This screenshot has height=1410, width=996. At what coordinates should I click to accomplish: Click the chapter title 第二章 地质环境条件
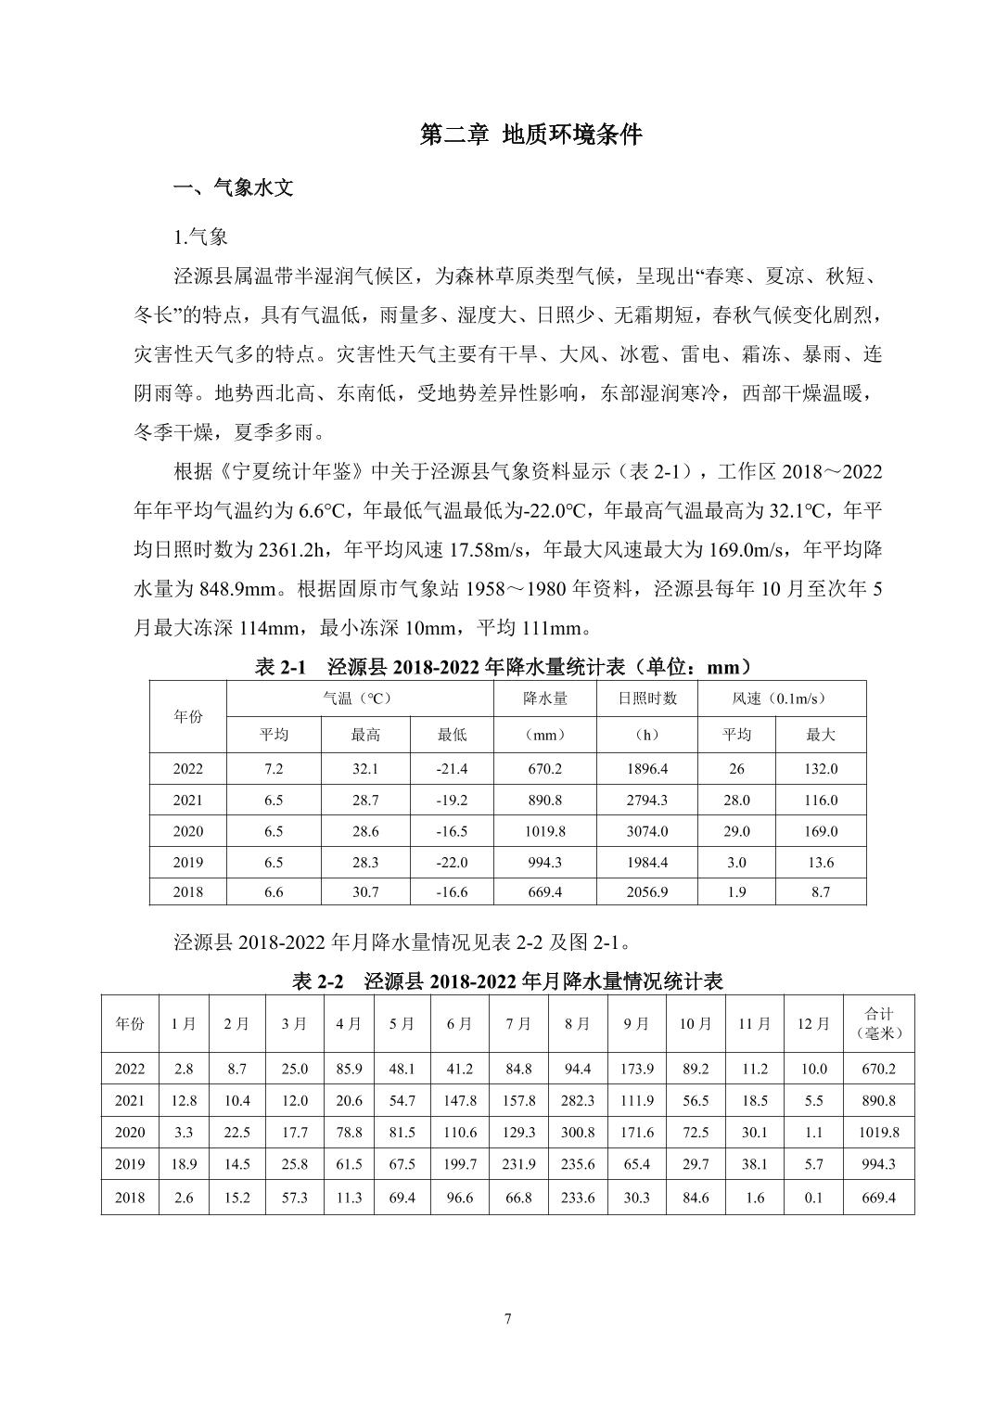[x=530, y=135]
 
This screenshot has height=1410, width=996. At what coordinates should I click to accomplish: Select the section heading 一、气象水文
[x=234, y=188]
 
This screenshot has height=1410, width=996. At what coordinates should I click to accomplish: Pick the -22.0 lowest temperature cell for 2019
[x=452, y=863]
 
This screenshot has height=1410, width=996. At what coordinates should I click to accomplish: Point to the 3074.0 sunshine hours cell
[x=646, y=831]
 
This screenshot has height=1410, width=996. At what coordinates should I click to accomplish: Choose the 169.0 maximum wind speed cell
[x=820, y=831]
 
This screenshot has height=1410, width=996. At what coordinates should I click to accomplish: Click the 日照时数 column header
[x=647, y=699]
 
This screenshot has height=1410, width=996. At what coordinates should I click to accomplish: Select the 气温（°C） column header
[x=360, y=699]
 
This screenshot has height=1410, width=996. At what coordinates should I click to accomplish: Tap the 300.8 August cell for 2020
[x=577, y=1133]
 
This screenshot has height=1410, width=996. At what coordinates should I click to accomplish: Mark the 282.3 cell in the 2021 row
[x=577, y=1101]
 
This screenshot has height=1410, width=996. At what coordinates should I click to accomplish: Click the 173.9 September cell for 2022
[x=636, y=1069]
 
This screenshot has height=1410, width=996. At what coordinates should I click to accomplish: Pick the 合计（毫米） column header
[x=878, y=1024]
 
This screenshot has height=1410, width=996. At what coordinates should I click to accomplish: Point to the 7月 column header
[x=518, y=1024]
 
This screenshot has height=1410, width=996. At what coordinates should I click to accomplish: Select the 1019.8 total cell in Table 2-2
[x=878, y=1133]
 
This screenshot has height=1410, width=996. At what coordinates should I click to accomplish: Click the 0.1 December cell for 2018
[x=813, y=1198]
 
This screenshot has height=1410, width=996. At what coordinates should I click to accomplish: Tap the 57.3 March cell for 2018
[x=294, y=1198]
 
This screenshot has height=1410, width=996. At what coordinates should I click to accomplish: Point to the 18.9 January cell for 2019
[x=184, y=1165]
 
